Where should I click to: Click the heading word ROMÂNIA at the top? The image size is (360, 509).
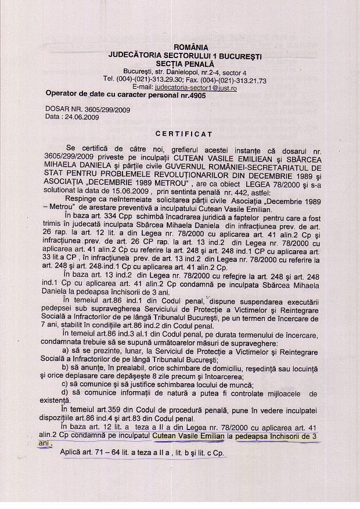click(190, 47)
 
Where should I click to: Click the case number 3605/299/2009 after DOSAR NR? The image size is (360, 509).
click(110, 109)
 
